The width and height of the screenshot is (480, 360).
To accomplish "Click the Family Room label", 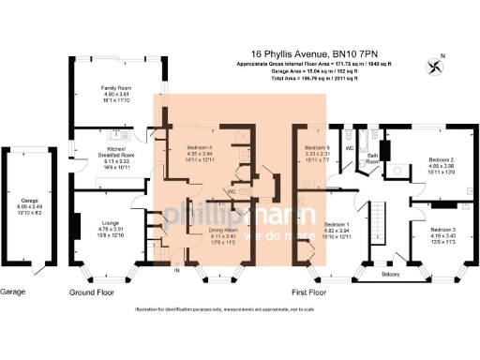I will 116,87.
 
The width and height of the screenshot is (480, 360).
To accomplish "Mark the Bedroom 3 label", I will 442,230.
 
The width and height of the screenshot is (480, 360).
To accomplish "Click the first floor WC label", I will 349,147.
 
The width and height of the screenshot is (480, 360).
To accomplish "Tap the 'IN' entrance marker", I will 176,270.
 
